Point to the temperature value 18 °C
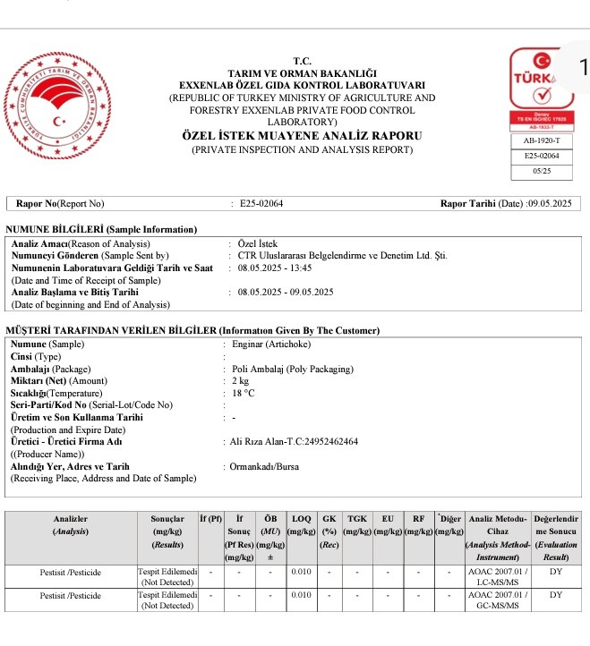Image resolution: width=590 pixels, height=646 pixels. tap(244, 393)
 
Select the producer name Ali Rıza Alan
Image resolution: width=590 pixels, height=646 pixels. tap(295, 442)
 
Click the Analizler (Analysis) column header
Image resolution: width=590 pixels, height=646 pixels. tap(71, 525)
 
